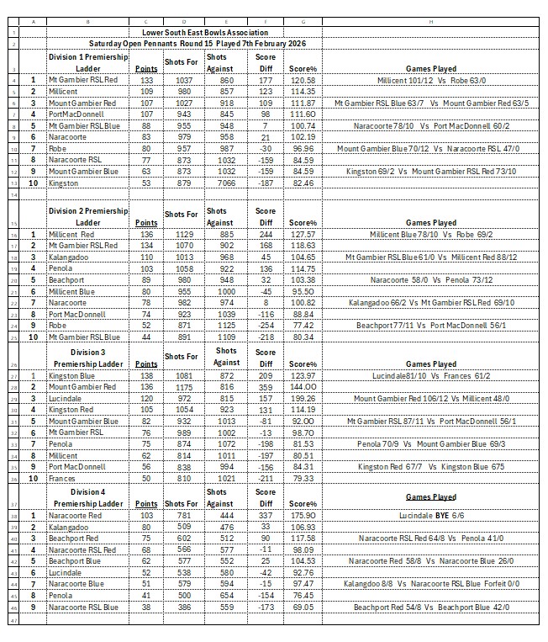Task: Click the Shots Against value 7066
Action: [222, 182]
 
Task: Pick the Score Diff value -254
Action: [266, 324]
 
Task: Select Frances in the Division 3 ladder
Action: [64, 477]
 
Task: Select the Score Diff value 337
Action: [266, 514]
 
